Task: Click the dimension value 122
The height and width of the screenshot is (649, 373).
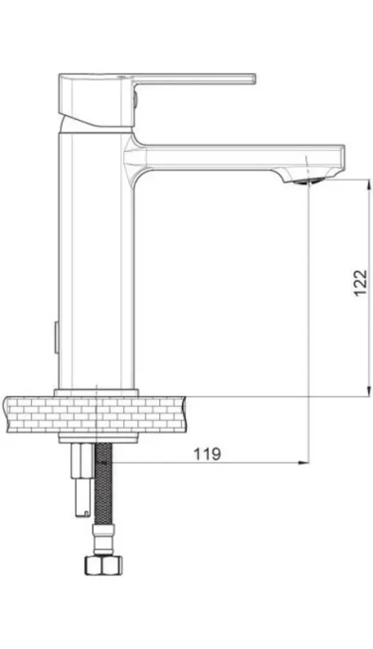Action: tap(360, 283)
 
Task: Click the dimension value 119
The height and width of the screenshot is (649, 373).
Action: tap(207, 454)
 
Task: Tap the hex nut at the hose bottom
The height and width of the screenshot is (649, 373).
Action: tap(104, 565)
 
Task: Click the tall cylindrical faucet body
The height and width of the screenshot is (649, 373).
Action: tap(96, 261)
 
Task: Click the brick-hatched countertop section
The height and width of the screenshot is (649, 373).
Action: tap(95, 414)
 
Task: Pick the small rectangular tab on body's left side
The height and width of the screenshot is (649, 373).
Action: tap(56, 338)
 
